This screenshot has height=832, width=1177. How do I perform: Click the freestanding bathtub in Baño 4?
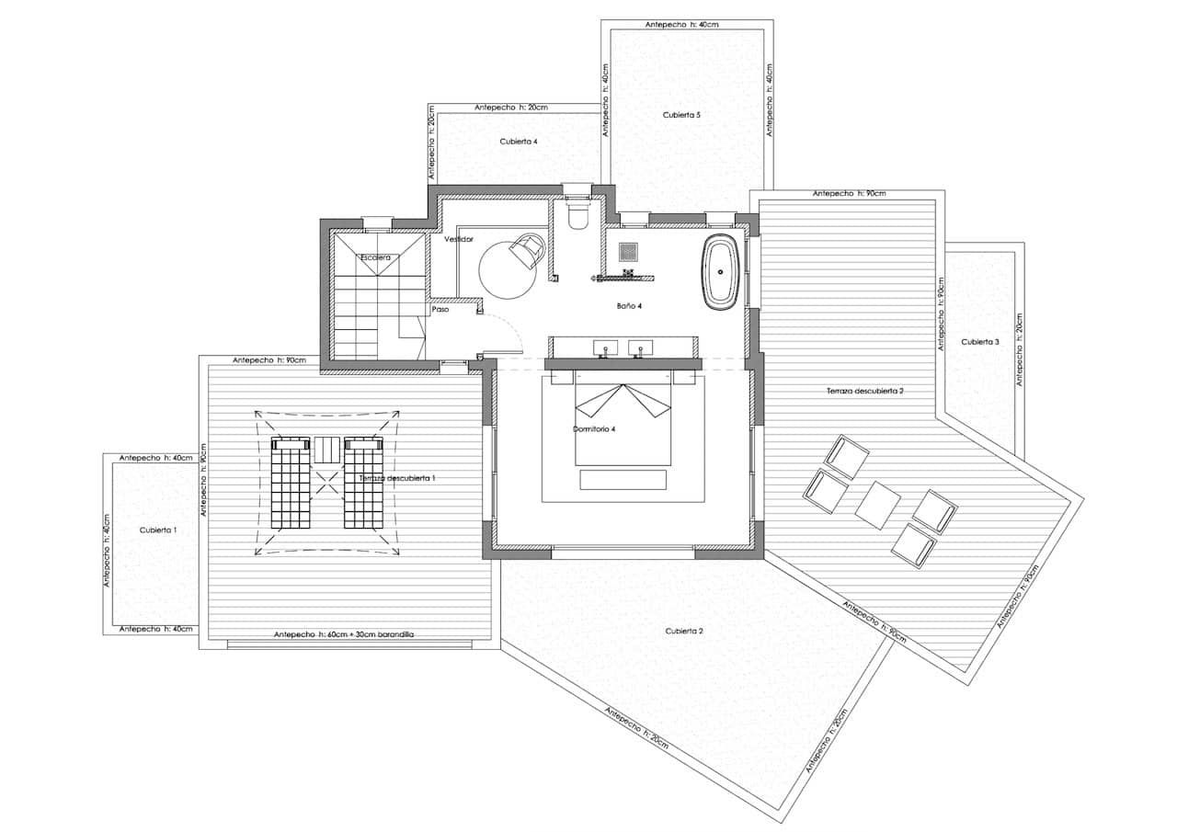719,272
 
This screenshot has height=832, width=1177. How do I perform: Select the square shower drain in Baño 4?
629,251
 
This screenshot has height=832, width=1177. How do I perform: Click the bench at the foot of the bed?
623,480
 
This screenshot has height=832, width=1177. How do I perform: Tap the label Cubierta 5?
681,115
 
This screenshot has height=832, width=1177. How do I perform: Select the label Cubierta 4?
519,142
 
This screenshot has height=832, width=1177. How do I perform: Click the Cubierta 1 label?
158,530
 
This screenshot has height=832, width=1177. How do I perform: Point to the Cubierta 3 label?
980,342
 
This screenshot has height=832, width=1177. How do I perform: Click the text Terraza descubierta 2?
864,391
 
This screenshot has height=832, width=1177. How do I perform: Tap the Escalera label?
376,257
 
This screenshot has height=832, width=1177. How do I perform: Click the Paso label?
440,310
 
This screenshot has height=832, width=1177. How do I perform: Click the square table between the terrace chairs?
878,505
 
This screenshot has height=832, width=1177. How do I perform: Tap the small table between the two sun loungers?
326,450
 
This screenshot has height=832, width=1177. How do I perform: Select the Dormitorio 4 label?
594,428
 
